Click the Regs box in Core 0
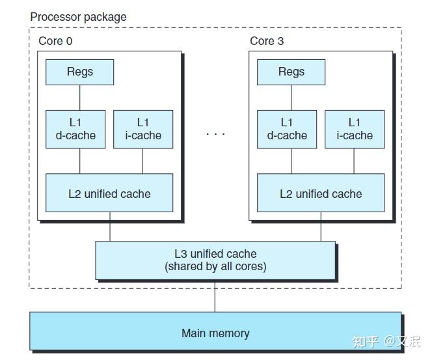click(x=79, y=72)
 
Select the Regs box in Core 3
click(x=291, y=72)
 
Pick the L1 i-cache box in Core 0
click(x=143, y=129)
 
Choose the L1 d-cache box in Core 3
click(x=287, y=129)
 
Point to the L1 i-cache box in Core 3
click(x=355, y=129)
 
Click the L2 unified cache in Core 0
click(x=109, y=193)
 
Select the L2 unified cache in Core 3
click(x=321, y=193)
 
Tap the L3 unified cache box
click(x=215, y=260)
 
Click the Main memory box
click(x=215, y=333)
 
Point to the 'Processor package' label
click(x=78, y=16)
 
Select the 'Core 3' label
click(x=267, y=41)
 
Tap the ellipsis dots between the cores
click(x=215, y=133)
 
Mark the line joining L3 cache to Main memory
click(x=215, y=296)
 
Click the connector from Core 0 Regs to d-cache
click(x=79, y=98)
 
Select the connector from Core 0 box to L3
click(x=109, y=230)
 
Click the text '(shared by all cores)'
click(x=215, y=266)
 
